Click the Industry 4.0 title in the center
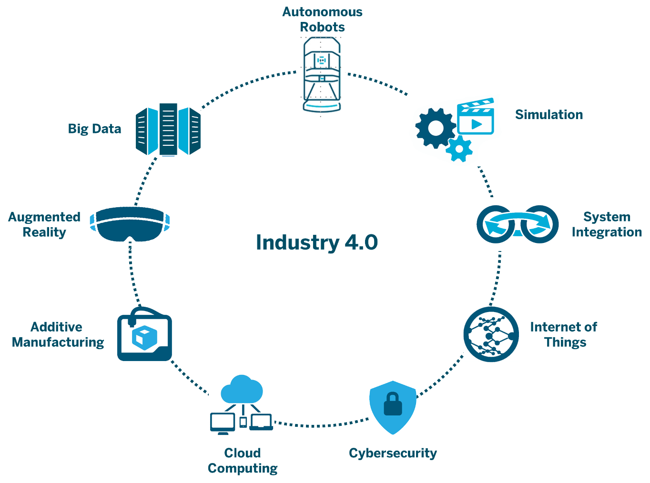(x=317, y=242)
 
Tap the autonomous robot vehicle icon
(x=321, y=74)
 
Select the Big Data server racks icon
(x=168, y=130)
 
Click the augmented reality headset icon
(x=130, y=224)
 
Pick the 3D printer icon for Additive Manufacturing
(x=144, y=334)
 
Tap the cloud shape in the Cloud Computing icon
(x=242, y=390)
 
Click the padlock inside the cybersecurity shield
(x=393, y=404)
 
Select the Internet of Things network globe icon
(x=491, y=334)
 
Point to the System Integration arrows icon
(x=518, y=224)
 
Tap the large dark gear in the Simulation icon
(x=436, y=128)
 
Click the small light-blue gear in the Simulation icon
(x=459, y=149)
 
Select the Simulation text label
(x=549, y=114)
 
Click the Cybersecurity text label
(x=393, y=453)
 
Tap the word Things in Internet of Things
(x=565, y=342)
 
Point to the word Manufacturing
(x=58, y=342)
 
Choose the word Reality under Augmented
(x=44, y=232)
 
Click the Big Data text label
(x=94, y=129)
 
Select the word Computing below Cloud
(x=243, y=468)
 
